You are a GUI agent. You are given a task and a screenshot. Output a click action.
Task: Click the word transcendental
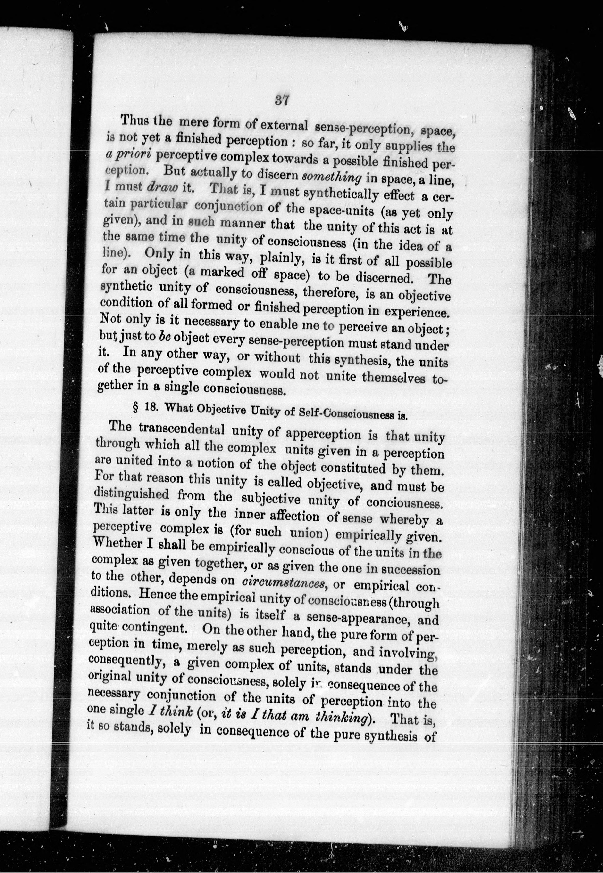click(x=181, y=429)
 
